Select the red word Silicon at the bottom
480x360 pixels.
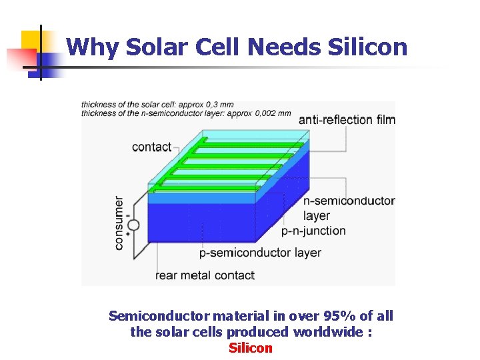tap(251, 348)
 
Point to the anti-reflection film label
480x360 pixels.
tap(347, 120)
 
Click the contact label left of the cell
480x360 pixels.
tap(152, 147)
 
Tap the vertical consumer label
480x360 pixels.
tap(119, 223)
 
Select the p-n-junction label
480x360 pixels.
tap(313, 231)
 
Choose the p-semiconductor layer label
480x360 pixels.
tap(260, 253)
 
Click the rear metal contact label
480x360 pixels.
tap(205, 275)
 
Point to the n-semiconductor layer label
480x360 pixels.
tap(349, 207)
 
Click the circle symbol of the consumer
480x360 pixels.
tap(133, 225)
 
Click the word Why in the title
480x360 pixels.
tap(86, 47)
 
